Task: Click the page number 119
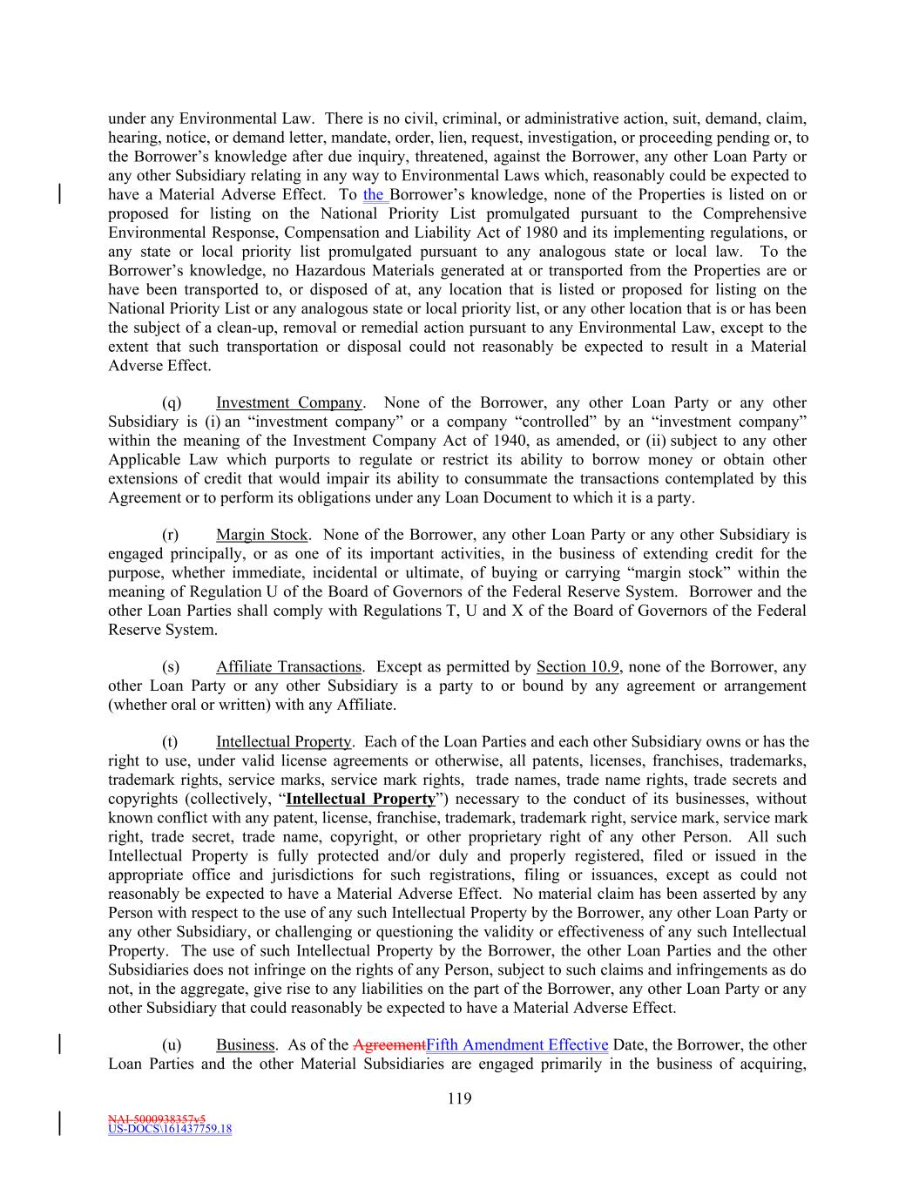459,1098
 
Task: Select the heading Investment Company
288,402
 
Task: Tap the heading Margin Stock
261,535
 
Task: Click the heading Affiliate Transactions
288,667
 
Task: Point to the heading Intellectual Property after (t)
283,742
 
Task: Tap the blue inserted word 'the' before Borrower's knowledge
374,195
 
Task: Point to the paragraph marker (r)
171,535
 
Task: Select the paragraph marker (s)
171,667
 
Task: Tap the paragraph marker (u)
172,1045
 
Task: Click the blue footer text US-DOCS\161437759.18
170,1130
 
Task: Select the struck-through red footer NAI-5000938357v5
157,1118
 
